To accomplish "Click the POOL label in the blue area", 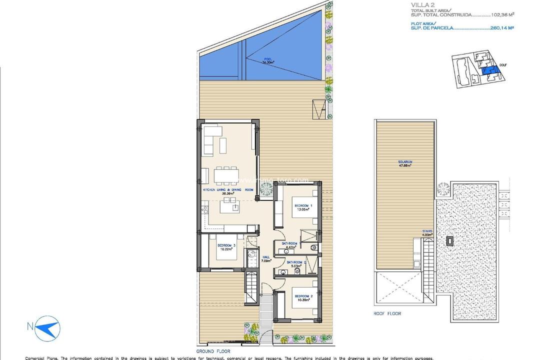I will (269, 61).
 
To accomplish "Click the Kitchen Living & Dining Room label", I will (228, 190).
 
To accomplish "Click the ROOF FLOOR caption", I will (388, 313).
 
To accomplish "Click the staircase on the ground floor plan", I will (251, 289).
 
